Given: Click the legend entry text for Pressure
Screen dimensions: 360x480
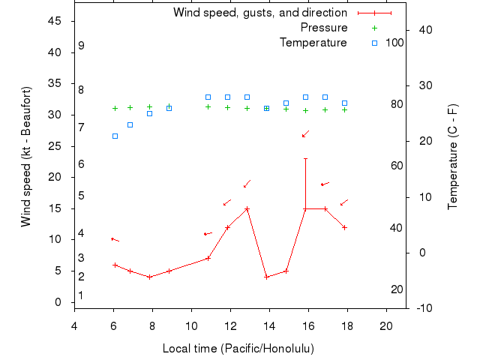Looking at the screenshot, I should (324, 28).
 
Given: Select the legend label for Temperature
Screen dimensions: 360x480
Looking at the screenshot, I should (313, 42).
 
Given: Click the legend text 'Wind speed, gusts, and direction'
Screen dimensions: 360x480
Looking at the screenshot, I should (259, 13).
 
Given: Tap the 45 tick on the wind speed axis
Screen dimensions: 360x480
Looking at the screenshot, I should (55, 21).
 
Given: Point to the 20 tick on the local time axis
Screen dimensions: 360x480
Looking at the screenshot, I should (386, 325).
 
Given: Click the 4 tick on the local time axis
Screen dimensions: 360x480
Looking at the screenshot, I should (74, 325).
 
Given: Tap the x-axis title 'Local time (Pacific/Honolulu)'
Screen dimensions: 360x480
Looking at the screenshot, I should (238, 349).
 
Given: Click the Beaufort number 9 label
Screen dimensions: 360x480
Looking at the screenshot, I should (81, 46).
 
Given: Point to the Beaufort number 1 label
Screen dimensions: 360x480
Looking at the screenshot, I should (81, 295).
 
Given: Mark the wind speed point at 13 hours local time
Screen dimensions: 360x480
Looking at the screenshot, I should (247, 208).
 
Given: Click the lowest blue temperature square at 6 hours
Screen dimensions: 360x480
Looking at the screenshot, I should (115, 136).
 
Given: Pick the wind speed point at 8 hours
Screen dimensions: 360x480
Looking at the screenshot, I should (150, 277).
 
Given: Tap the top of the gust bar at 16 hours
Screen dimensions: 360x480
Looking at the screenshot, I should (305, 158).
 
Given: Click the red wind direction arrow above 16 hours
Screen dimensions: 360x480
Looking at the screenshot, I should (305, 133).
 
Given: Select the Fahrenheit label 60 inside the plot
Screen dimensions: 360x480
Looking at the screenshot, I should (397, 166).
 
